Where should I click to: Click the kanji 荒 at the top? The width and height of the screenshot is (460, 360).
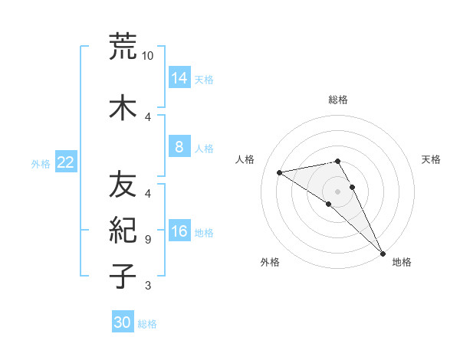123,47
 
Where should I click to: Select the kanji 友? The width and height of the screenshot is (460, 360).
123,185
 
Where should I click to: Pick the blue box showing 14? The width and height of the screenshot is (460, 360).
179,78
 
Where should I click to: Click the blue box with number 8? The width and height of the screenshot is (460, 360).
179,147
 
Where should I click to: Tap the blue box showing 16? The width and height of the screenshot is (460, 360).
179,232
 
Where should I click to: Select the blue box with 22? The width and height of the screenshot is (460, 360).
65,162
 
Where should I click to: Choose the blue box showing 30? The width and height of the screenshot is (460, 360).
123,322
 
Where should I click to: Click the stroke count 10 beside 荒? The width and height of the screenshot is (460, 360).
148,56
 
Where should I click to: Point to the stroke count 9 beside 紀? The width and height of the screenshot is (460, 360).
148,240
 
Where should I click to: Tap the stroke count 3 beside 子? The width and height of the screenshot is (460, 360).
148,286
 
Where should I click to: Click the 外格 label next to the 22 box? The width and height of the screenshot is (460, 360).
41,163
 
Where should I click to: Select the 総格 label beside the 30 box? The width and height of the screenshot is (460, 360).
147,324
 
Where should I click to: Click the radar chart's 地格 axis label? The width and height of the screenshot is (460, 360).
402,262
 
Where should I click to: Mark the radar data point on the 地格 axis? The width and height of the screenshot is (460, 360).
383,252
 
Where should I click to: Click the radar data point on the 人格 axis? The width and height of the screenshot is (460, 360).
280,172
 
